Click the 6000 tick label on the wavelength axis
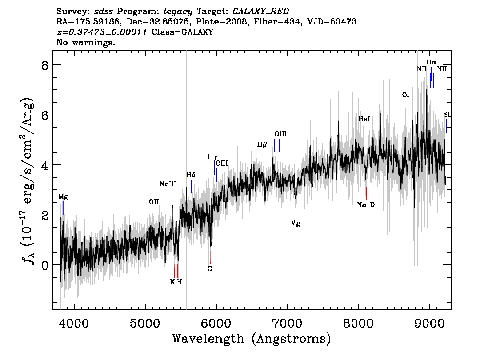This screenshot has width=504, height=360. click(216, 323)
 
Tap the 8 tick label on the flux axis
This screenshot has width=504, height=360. click(45, 66)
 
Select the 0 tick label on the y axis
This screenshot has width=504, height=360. click(45, 265)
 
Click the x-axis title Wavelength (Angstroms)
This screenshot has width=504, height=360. click(252, 339)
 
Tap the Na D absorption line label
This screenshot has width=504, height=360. click(366, 205)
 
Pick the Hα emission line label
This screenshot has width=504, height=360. click(432, 62)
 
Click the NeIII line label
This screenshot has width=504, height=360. click(168, 184)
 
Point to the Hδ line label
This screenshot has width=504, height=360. click(191, 175)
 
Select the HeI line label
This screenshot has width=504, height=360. click(364, 119)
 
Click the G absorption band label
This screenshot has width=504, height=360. click(210, 269)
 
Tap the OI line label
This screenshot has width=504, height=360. click(406, 95)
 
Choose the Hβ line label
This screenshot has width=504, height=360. click(262, 145)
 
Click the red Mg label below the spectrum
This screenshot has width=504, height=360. click(296, 223)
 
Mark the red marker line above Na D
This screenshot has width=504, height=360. click(366, 193)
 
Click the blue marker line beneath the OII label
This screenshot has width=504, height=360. click(154, 213)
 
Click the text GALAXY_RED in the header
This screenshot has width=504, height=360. click(261, 12)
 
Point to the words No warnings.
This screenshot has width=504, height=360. click(85, 42)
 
